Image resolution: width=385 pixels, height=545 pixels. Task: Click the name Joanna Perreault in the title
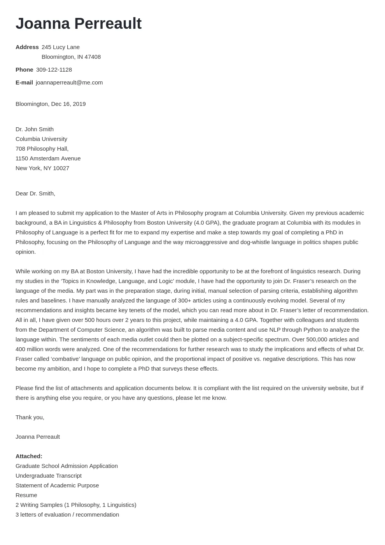coord(79,24)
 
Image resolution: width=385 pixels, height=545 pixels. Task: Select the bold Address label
coord(27,47)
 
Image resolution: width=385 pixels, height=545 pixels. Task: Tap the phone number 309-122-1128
coord(54,70)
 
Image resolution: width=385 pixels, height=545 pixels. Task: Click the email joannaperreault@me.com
coord(69,83)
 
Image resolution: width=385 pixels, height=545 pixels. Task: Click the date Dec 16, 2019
coord(68,104)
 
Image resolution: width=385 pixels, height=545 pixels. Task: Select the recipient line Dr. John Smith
coord(35,129)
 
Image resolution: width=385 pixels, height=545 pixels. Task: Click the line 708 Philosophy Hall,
coord(42,149)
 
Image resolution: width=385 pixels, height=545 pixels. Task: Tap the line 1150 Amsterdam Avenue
coord(48,158)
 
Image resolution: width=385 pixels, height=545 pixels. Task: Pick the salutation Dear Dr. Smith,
coord(35,193)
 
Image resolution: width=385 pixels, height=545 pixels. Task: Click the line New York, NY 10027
coord(42,168)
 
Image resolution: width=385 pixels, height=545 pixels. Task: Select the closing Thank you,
coord(30,417)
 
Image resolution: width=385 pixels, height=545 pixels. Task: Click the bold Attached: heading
coord(29,456)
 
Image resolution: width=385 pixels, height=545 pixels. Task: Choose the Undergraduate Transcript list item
coord(49,476)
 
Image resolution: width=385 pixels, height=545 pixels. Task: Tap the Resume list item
coord(26,495)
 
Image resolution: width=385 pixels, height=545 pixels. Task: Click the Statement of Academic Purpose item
coord(57,485)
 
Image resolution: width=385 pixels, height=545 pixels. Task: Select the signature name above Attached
coord(38,437)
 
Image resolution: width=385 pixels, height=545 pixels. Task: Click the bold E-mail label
coord(24,83)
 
